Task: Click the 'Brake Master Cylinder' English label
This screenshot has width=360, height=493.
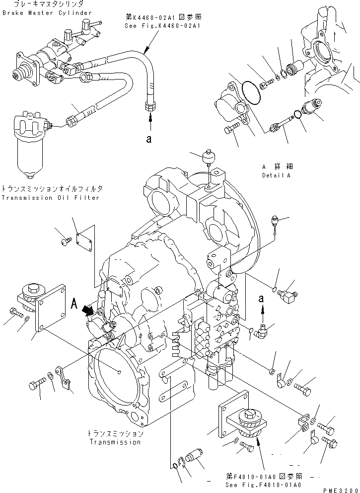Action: pos(47,12)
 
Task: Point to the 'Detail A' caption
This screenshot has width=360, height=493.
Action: pos(276,175)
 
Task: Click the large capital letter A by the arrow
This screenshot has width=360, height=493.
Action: pos(74,302)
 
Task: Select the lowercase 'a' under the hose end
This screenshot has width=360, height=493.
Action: pos(149,140)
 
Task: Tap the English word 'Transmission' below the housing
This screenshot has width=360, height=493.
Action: pos(115,442)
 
